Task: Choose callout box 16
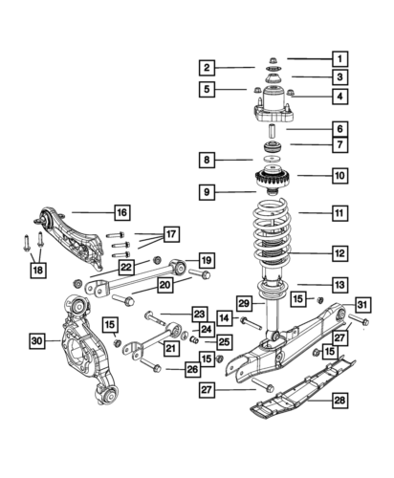point(121,211)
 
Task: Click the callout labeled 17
point(172,234)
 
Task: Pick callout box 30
point(36,339)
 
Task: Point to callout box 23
point(199,314)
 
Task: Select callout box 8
point(206,159)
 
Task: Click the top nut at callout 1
point(273,59)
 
